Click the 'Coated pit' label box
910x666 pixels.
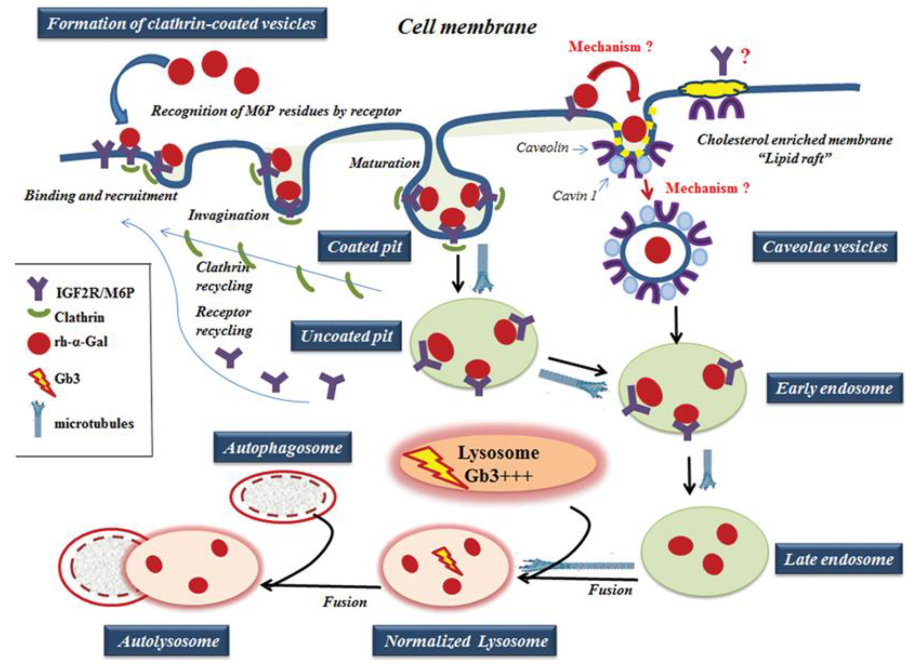[365, 246]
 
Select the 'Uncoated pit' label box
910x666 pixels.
[346, 336]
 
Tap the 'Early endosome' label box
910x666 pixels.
[834, 388]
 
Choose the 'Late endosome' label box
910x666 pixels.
[838, 559]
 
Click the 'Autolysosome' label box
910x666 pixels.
[166, 640]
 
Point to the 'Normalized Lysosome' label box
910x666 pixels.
[465, 640]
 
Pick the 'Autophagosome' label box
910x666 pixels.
[282, 447]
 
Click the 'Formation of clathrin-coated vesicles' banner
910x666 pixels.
[182, 23]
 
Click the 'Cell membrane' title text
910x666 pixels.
[467, 27]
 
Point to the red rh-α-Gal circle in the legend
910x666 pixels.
[38, 343]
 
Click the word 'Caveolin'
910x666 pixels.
[542, 147]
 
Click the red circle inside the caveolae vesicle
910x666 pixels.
[657, 250]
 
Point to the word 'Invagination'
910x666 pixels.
[228, 215]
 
